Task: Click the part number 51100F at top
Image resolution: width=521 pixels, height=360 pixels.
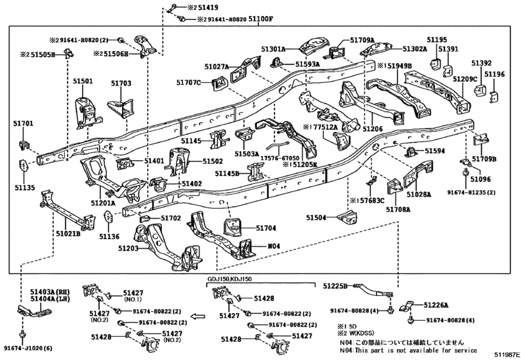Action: point(243,19)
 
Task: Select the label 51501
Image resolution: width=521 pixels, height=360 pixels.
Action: point(82,82)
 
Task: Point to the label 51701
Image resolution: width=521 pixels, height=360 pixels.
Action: point(22,123)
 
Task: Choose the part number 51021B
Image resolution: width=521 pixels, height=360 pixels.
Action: point(67,233)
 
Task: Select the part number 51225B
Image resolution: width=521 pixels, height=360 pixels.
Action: point(335,285)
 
